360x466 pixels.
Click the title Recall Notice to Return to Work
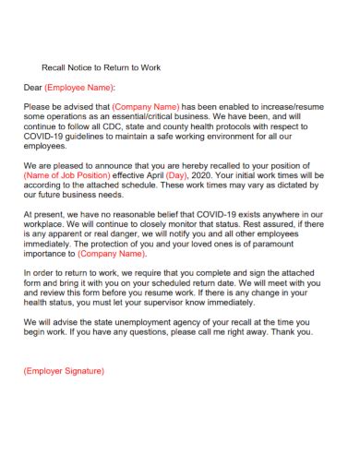pyautogui.click(x=102, y=67)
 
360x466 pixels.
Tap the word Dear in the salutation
pyautogui.click(x=33, y=88)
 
